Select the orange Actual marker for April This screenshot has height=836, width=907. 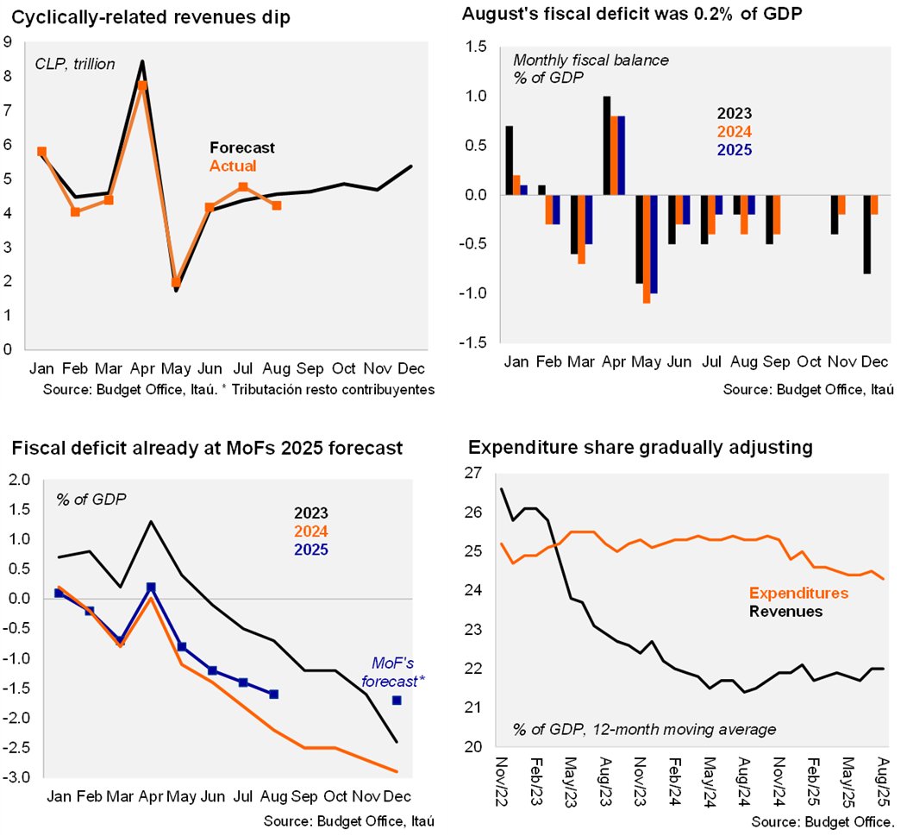coord(142,85)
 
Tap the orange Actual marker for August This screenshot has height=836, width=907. coord(276,205)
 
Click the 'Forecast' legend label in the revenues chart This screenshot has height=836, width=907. coord(242,148)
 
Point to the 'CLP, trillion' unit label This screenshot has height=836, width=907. coord(75,64)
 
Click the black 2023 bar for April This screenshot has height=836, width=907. coord(607,146)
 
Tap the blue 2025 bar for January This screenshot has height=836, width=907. coord(523,190)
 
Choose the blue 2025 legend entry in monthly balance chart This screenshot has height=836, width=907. coord(735,150)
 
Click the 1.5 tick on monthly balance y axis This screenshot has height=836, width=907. coord(477,47)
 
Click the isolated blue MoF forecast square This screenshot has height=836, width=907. coord(397,700)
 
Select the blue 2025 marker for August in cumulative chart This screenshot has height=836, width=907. coord(274,694)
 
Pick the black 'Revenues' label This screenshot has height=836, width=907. coord(785,612)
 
